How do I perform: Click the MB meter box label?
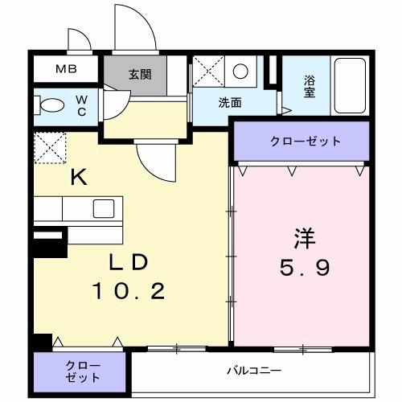pos(66,68)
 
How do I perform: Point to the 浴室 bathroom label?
pos(310,85)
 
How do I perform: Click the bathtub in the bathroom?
pos(349,88)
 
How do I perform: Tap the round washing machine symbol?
pos(240,72)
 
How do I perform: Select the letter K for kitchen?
pos(78,178)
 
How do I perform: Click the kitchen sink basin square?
pos(103,207)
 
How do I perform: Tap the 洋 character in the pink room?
pos(302,239)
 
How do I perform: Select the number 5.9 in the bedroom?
pos(302,268)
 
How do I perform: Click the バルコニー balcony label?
pos(252,371)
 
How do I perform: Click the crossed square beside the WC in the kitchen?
pos(47,147)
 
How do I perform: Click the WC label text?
pos(82,105)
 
